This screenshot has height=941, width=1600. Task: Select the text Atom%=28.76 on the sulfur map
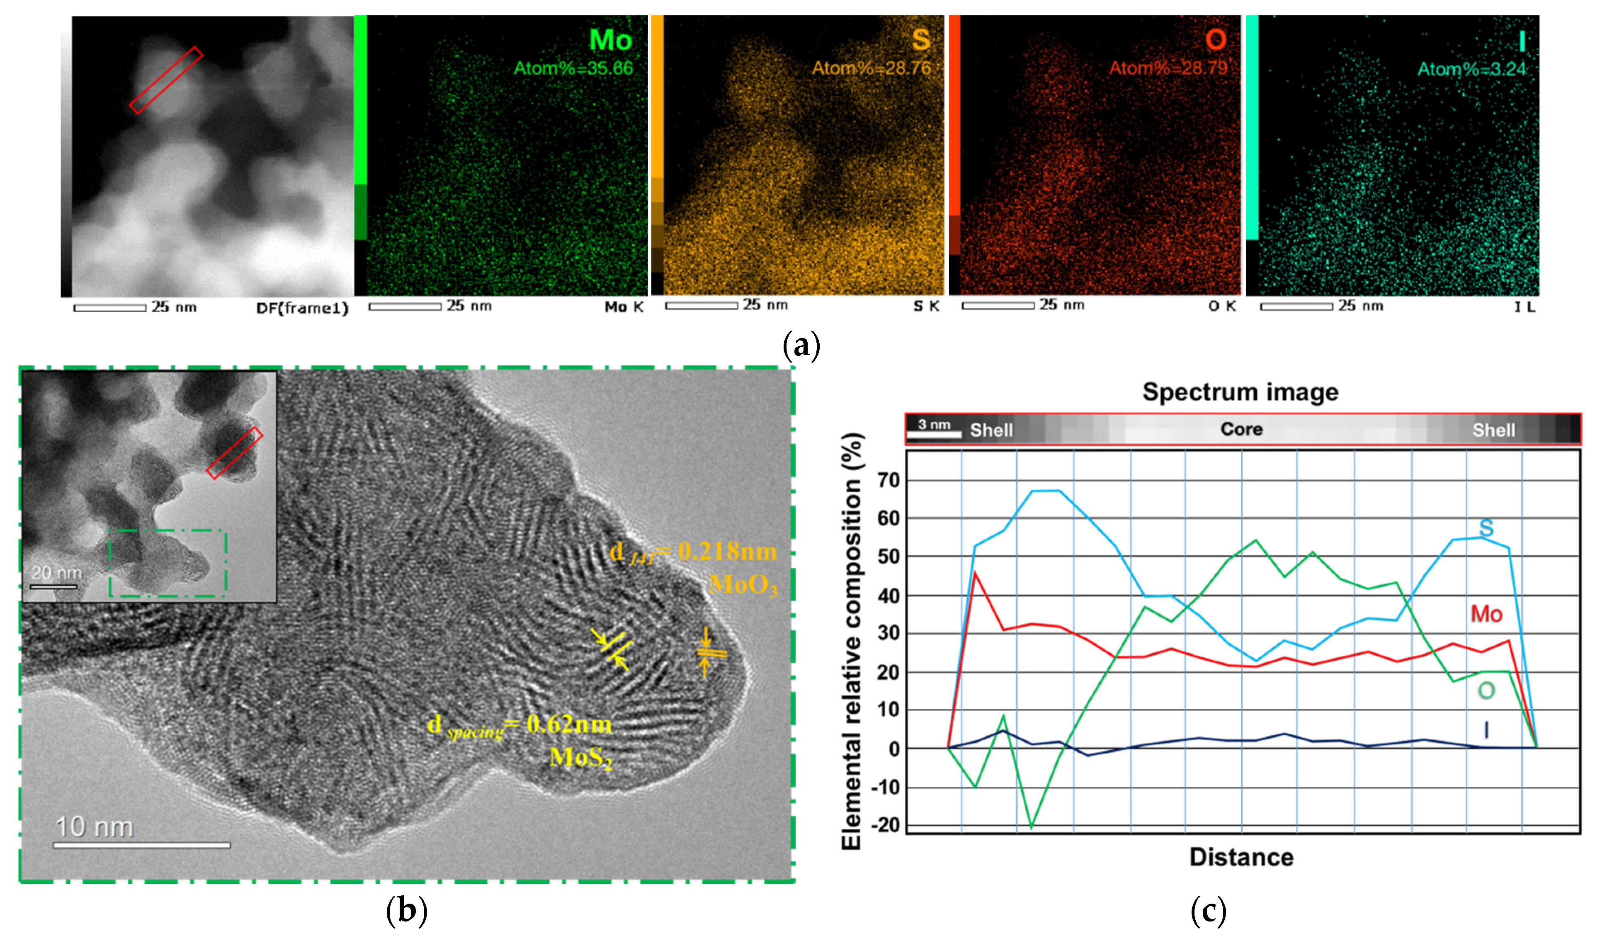pyautogui.click(x=871, y=68)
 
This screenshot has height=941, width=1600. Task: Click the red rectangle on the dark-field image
pyautogui.click(x=166, y=80)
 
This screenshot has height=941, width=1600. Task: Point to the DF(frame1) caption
pyautogui.click(x=302, y=309)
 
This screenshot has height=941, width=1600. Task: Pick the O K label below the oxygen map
pyautogui.click(x=1221, y=306)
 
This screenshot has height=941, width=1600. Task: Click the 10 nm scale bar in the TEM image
pyautogui.click(x=141, y=845)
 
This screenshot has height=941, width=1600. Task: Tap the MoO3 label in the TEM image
pyautogui.click(x=743, y=585)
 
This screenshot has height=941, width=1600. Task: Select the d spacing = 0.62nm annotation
pyautogui.click(x=520, y=726)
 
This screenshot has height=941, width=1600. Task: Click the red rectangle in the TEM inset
pyautogui.click(x=234, y=453)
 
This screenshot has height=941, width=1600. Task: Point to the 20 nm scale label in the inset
pyautogui.click(x=56, y=573)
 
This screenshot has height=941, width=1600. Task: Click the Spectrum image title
pyautogui.click(x=1240, y=392)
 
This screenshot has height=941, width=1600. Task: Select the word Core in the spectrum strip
pyautogui.click(x=1241, y=429)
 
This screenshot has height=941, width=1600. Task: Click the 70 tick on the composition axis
pyautogui.click(x=888, y=481)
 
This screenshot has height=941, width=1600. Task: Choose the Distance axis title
pyautogui.click(x=1241, y=857)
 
